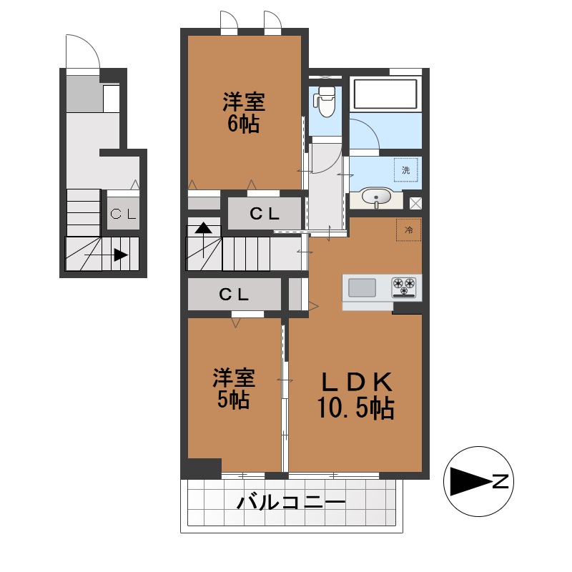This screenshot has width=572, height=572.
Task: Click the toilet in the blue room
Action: pyautogui.click(x=324, y=101)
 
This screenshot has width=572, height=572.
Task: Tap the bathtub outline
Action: pyautogui.click(x=385, y=94)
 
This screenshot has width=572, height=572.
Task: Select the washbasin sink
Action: pyautogui.click(x=376, y=197)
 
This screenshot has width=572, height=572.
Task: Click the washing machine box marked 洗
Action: pyautogui.click(x=405, y=170)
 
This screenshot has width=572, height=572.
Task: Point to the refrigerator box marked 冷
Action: pyautogui.click(x=408, y=230)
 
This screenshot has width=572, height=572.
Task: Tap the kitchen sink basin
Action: pyautogui.click(x=362, y=287)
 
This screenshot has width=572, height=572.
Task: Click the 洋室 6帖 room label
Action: pyautogui.click(x=244, y=113)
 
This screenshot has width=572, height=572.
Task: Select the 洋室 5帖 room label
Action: pyautogui.click(x=234, y=388)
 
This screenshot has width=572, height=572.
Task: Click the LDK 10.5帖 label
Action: pyautogui.click(x=355, y=395)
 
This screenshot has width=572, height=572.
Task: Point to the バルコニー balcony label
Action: pyautogui.click(x=291, y=503)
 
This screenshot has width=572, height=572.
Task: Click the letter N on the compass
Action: pyautogui.click(x=500, y=481)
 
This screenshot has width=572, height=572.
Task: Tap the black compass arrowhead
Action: pyautogui.click(x=470, y=481)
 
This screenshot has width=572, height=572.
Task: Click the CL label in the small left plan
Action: pyautogui.click(x=123, y=214)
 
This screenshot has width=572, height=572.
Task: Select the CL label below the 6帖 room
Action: pyautogui.click(x=265, y=214)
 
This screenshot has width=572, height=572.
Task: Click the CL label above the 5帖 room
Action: pyautogui.click(x=234, y=294)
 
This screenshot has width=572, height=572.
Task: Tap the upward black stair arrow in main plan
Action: pyautogui.click(x=203, y=240)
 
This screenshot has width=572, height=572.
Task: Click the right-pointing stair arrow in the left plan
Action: pyautogui.click(x=106, y=255)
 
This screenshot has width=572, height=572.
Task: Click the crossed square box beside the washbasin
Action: pyautogui.click(x=415, y=203)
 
